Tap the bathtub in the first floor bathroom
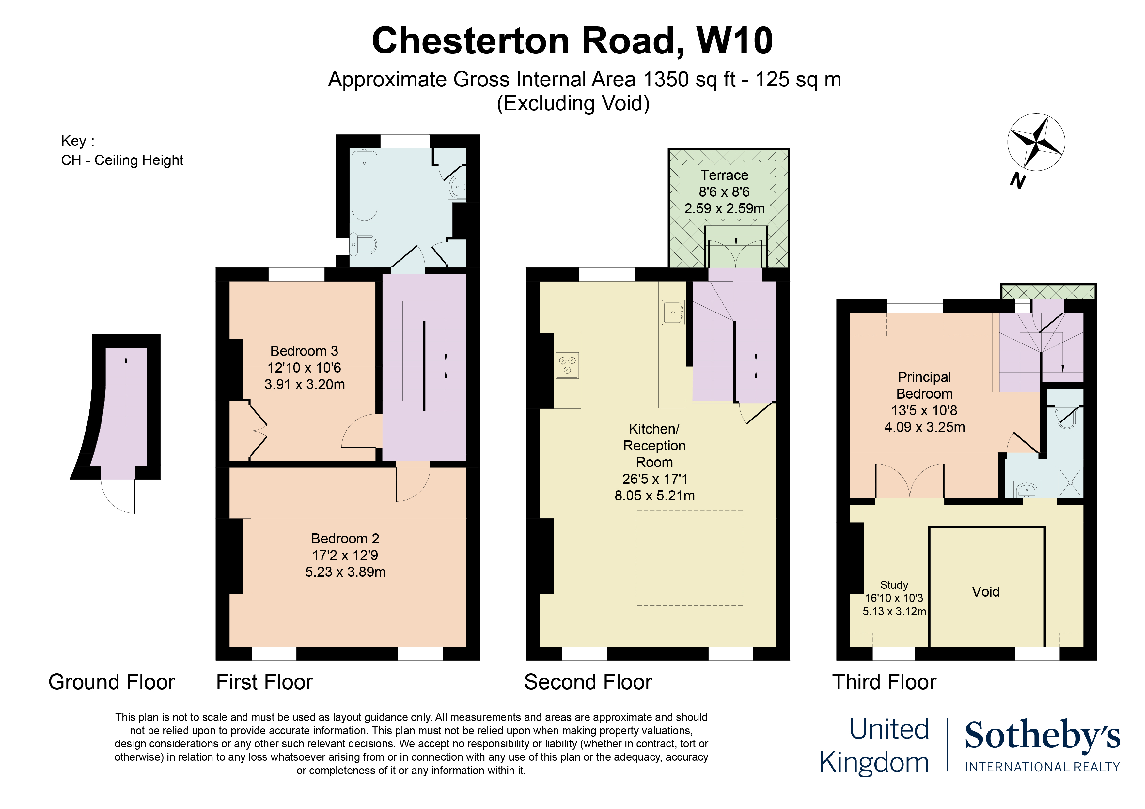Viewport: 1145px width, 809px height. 365,185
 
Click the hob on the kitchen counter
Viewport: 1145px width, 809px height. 568,365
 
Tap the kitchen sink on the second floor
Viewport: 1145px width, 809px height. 674,312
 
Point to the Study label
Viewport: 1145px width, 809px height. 894,585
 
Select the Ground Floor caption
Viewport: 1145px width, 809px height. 112,682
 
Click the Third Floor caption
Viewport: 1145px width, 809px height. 884,682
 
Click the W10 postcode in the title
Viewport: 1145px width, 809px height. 735,40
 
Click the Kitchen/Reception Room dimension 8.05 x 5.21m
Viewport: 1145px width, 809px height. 654,496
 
